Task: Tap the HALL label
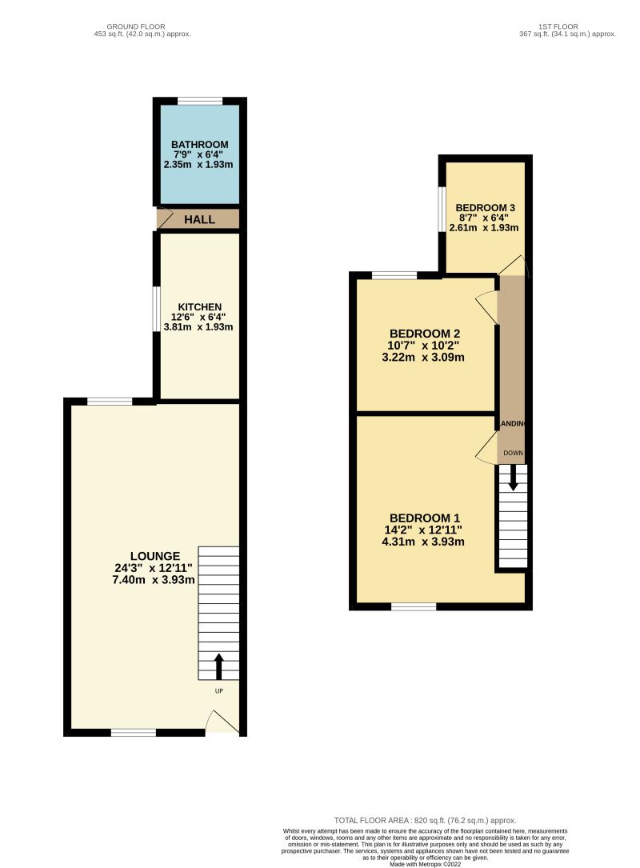click(199, 219)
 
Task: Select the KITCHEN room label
click(199, 307)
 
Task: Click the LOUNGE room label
click(155, 556)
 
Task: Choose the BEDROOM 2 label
click(424, 334)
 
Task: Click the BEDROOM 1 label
click(423, 517)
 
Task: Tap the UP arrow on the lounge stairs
click(219, 666)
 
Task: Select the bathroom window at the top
click(199, 101)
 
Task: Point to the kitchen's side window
click(158, 308)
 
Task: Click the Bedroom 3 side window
click(442, 210)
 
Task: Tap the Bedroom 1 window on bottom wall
click(414, 607)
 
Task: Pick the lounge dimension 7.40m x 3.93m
click(155, 580)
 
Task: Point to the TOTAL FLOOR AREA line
click(425, 820)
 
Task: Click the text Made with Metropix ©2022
click(425, 864)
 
